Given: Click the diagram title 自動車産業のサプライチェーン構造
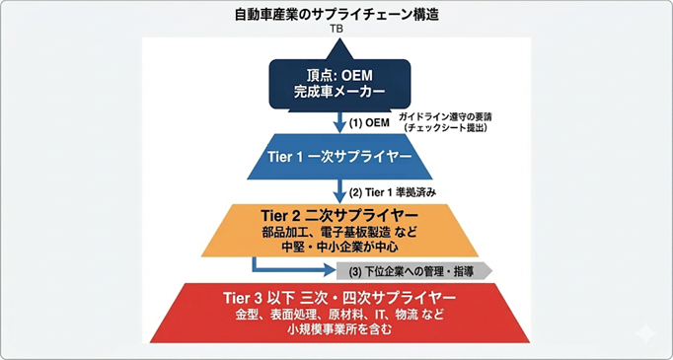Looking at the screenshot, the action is click(336, 16).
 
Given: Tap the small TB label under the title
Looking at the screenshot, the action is click(336, 30).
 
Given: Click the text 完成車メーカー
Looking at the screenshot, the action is click(339, 94).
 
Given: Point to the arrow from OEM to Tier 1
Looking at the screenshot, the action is click(339, 121).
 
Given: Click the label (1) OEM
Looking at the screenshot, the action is click(369, 123).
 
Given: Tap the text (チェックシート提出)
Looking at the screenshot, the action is click(445, 128).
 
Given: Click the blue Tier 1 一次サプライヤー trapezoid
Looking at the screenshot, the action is click(339, 157).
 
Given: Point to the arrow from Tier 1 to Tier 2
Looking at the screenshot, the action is click(339, 191).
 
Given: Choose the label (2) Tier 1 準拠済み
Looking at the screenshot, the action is click(393, 193).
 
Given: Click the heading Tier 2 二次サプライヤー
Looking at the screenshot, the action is click(339, 215).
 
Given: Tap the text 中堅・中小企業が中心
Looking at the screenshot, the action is click(339, 248).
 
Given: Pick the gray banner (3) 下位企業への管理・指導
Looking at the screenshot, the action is click(414, 271).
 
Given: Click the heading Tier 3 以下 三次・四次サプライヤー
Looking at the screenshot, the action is click(339, 299).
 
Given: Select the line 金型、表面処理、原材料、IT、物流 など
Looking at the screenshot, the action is click(339, 316).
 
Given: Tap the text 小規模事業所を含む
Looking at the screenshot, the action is click(339, 330).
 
